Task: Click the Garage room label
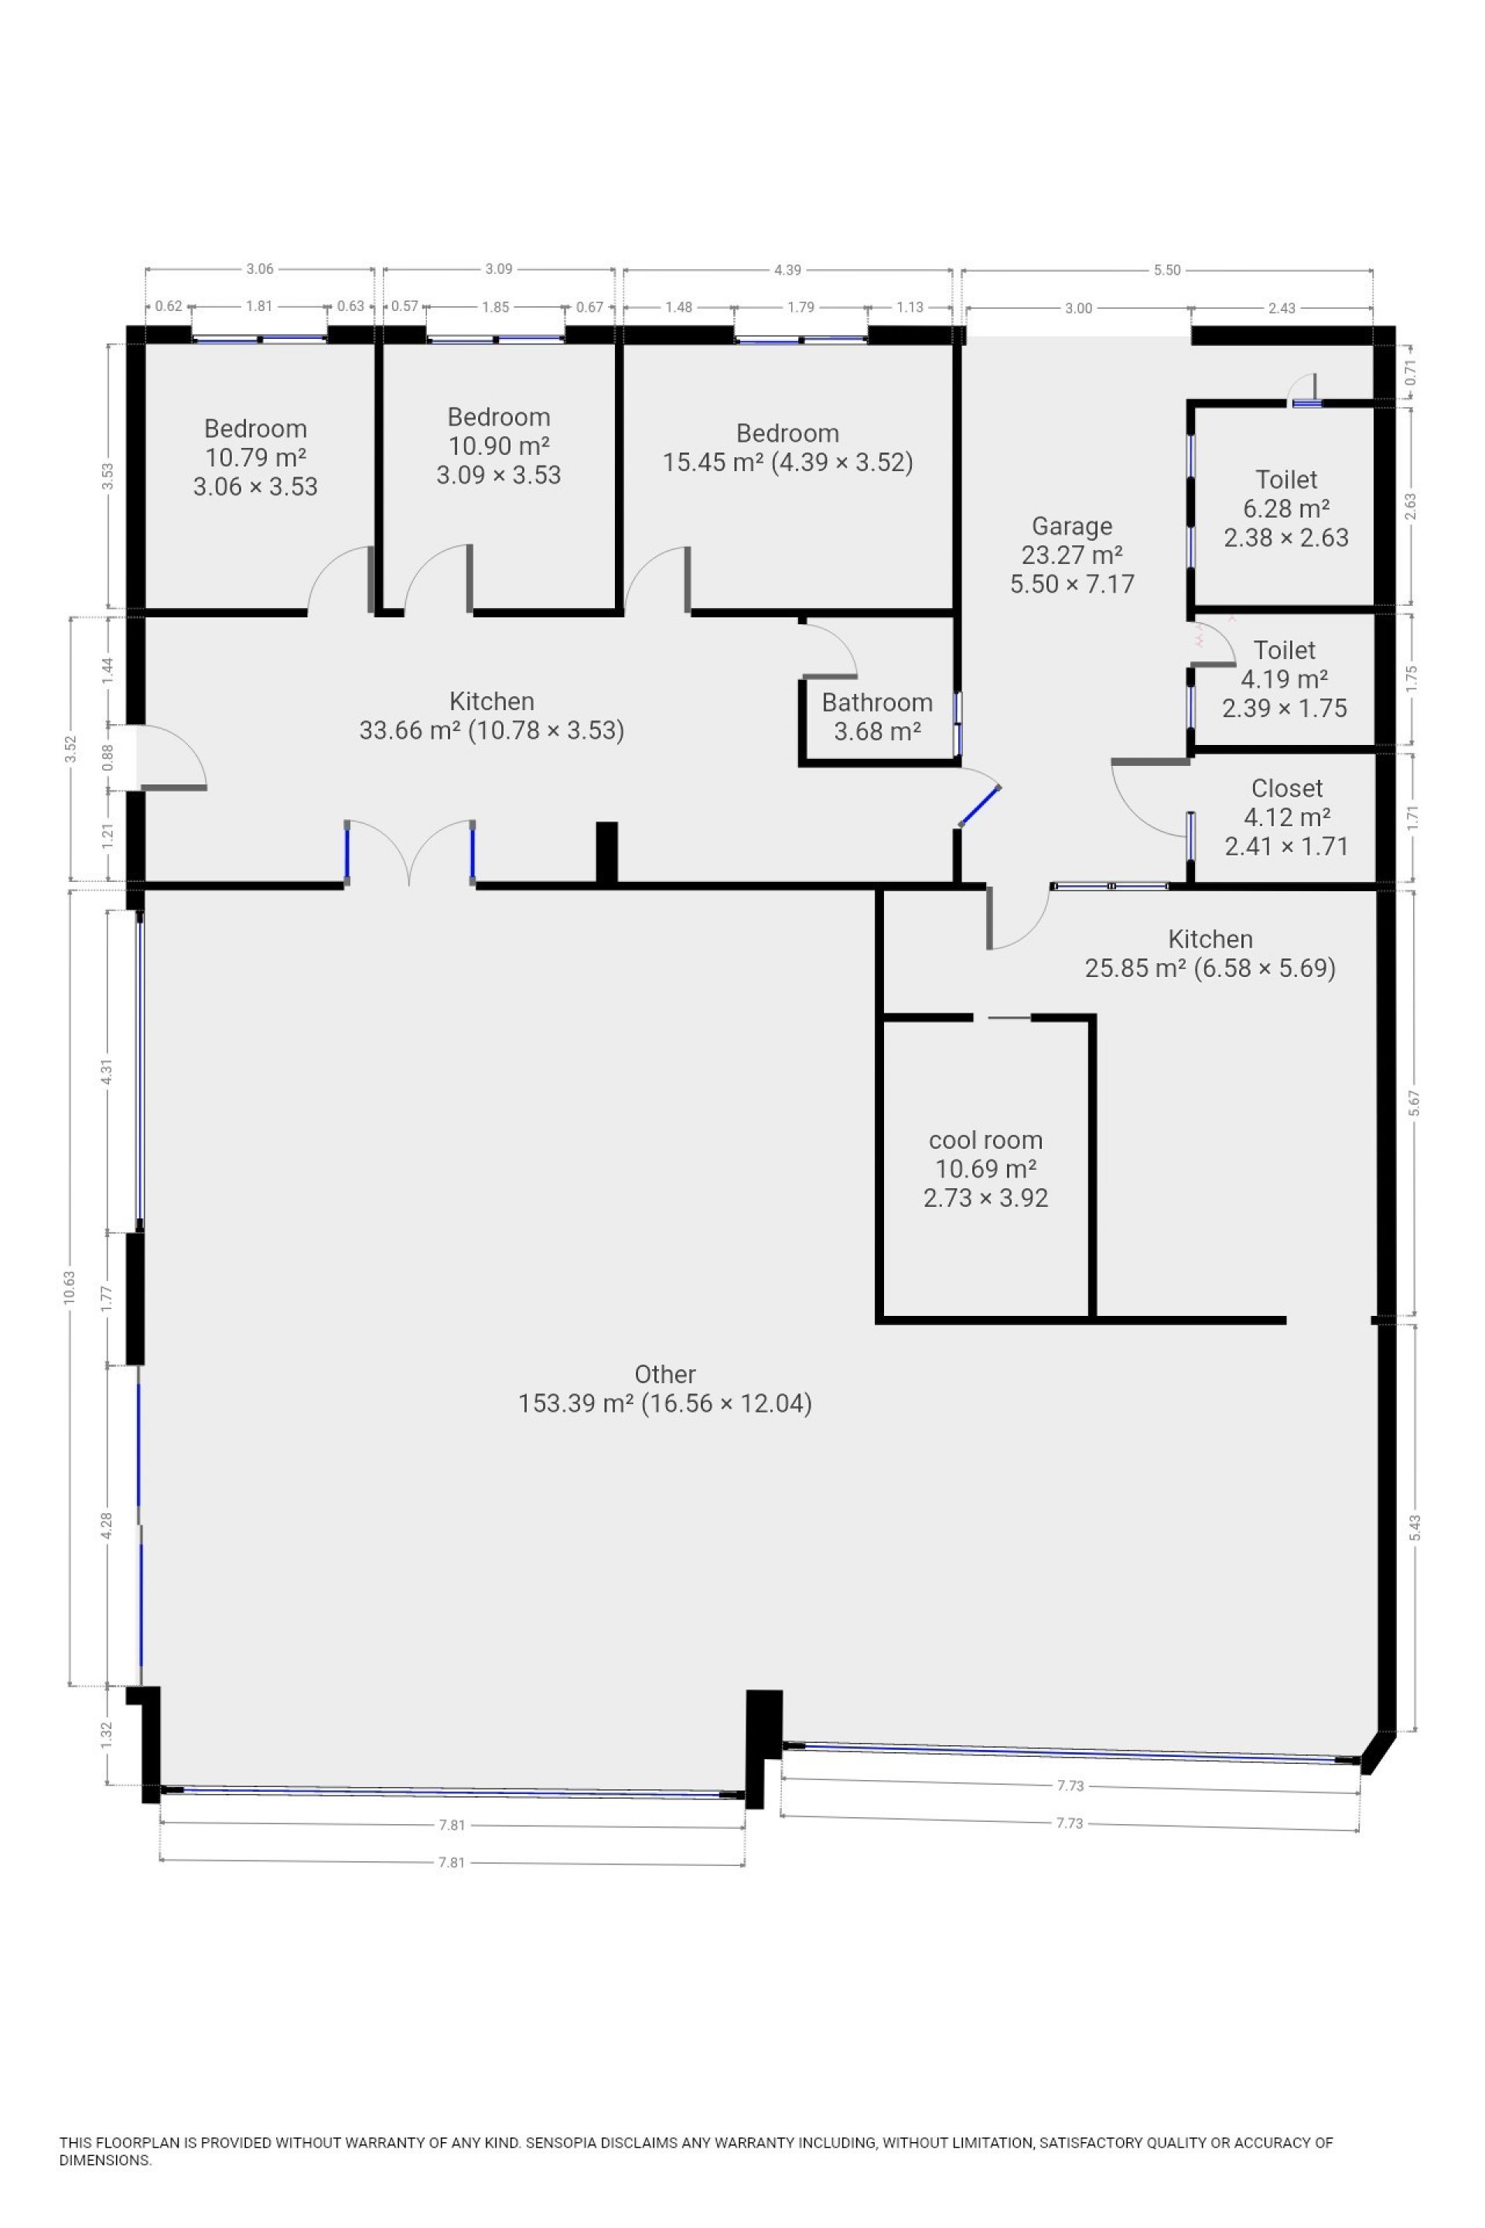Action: (x=1071, y=526)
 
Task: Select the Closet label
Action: (x=1286, y=788)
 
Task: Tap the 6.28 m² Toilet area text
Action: (x=1286, y=509)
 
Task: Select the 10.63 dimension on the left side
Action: (x=69, y=1287)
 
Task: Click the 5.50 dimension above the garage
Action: (x=1167, y=270)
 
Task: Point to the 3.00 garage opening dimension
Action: (x=1079, y=308)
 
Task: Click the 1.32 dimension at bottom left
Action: (x=107, y=1734)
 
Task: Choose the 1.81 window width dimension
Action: (x=258, y=306)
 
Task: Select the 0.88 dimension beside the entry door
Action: (x=107, y=756)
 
